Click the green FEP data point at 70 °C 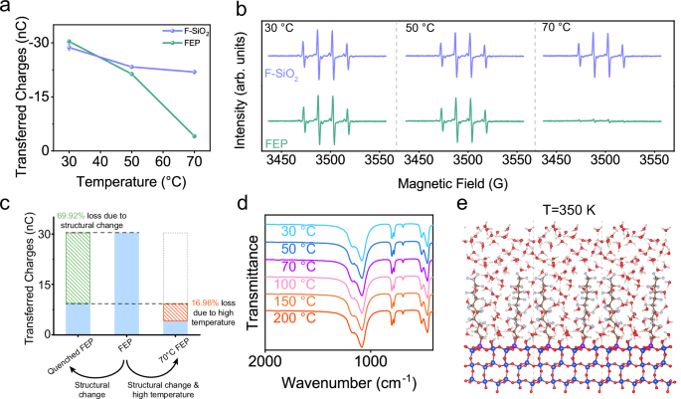195,136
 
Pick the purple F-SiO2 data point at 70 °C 195,72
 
